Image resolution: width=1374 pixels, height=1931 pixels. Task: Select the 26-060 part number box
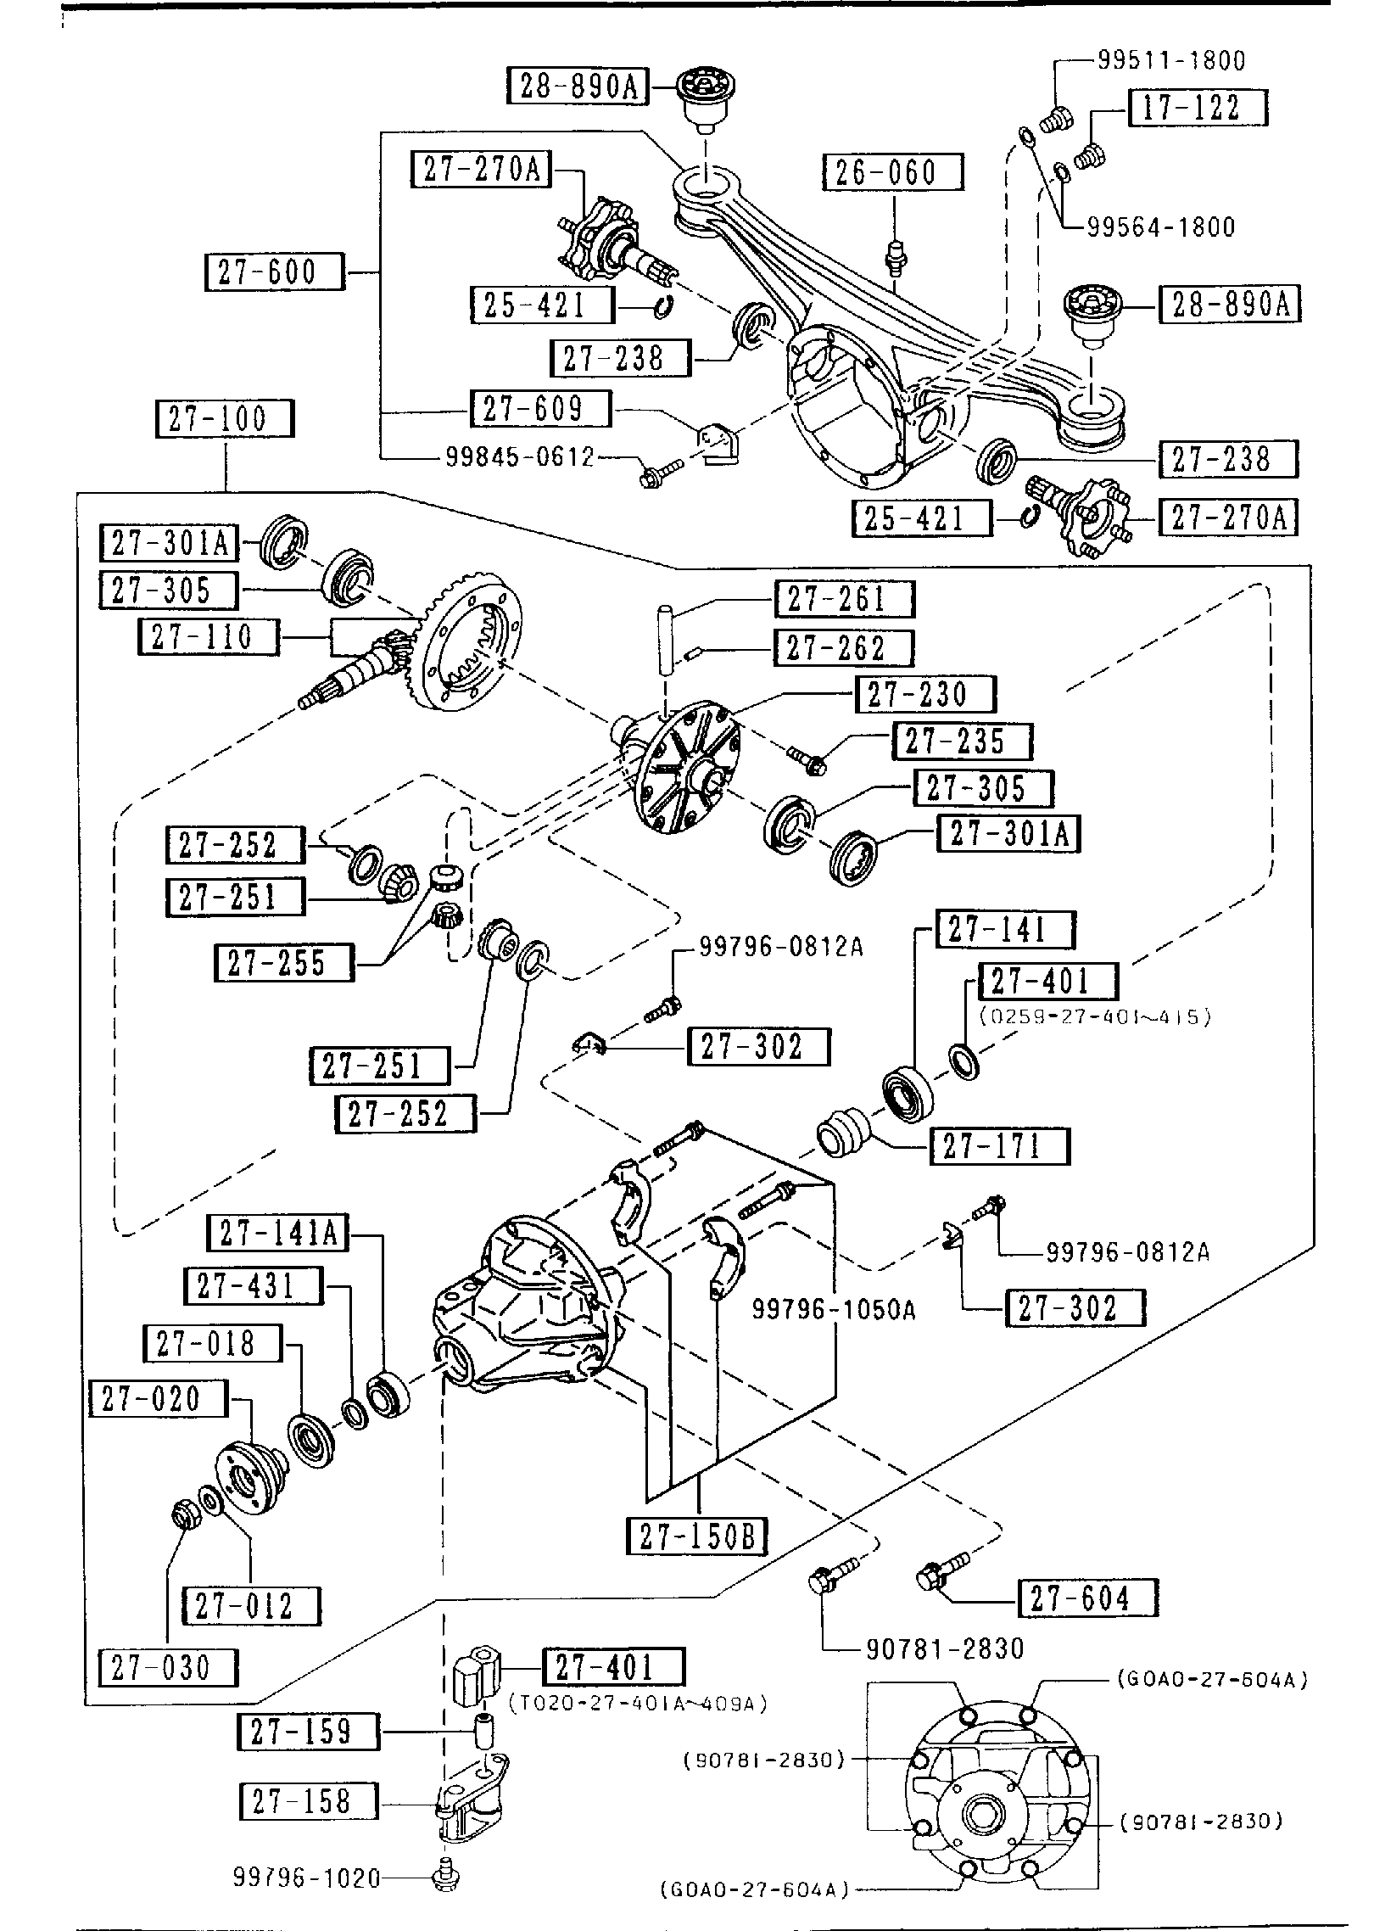(x=893, y=172)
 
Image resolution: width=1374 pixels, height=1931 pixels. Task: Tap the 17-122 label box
(x=1198, y=108)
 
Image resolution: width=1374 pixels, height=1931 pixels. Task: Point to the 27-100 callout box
(x=225, y=419)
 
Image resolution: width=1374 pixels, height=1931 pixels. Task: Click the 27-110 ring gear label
(x=208, y=637)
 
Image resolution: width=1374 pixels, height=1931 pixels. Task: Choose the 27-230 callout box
(x=925, y=695)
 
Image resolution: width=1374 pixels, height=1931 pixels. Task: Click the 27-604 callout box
(x=1086, y=1599)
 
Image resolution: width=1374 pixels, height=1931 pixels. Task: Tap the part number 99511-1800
(x=1171, y=60)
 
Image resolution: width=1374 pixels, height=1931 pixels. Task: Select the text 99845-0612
(x=520, y=458)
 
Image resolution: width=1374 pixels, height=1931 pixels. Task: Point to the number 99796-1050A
(x=834, y=1310)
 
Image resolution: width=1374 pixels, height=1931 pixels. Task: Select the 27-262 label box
(x=843, y=648)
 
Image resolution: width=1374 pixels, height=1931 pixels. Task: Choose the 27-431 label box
(x=253, y=1286)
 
